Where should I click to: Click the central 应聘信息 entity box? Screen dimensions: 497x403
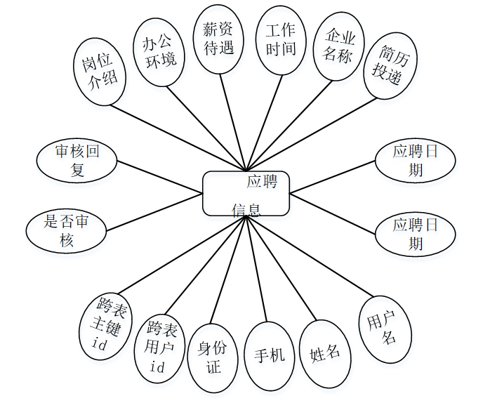click(x=246, y=193)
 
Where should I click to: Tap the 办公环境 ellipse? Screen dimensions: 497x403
click(x=159, y=53)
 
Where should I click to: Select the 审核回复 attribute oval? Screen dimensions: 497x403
click(x=77, y=160)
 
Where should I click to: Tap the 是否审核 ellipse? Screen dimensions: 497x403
click(x=66, y=232)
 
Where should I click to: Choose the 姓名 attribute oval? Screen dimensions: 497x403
click(x=325, y=352)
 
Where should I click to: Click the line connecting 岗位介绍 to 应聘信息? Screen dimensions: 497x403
click(x=175, y=137)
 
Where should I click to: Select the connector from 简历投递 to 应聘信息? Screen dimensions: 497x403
click(x=309, y=134)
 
